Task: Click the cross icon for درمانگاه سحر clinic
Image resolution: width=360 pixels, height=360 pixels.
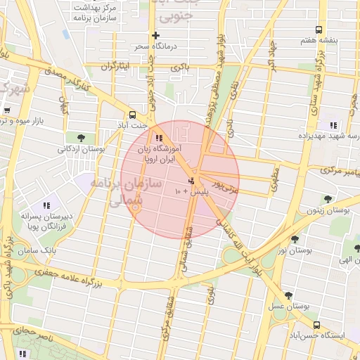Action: pos(155,36)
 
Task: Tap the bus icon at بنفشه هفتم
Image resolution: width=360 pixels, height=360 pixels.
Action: pos(319,30)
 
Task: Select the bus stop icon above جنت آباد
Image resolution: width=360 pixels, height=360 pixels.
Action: pos(133,115)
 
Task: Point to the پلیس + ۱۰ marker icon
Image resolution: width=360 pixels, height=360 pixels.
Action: pos(192,182)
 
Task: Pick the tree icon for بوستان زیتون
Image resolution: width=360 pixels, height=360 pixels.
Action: pos(327,200)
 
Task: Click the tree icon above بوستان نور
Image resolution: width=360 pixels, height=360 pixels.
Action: pos(295,239)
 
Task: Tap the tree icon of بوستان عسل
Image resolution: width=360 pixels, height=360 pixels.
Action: pos(288,296)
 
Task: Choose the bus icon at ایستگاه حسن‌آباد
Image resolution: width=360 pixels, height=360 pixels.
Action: pos(317,325)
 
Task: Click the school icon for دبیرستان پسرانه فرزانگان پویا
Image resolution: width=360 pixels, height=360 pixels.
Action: pos(46,205)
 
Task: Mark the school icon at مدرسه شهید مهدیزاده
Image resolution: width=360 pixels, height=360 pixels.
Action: pos(333,124)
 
